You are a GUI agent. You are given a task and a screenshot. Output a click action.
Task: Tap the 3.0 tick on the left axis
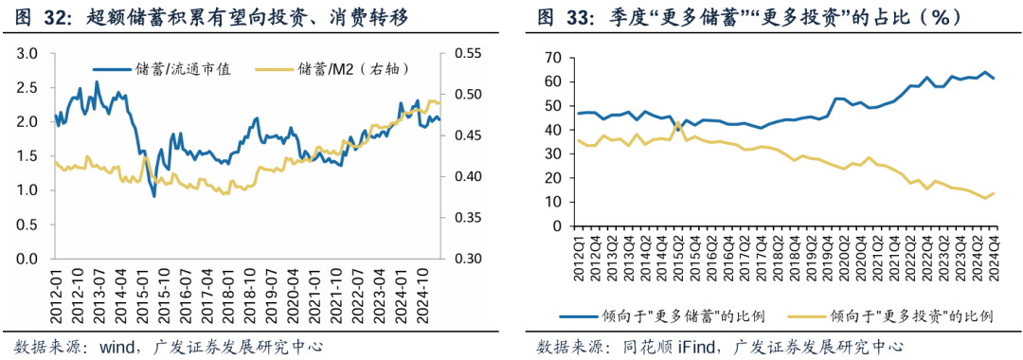27,54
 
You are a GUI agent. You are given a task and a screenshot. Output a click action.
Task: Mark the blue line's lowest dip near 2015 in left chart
153,196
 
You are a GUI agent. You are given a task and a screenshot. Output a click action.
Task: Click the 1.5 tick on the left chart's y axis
27,156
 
